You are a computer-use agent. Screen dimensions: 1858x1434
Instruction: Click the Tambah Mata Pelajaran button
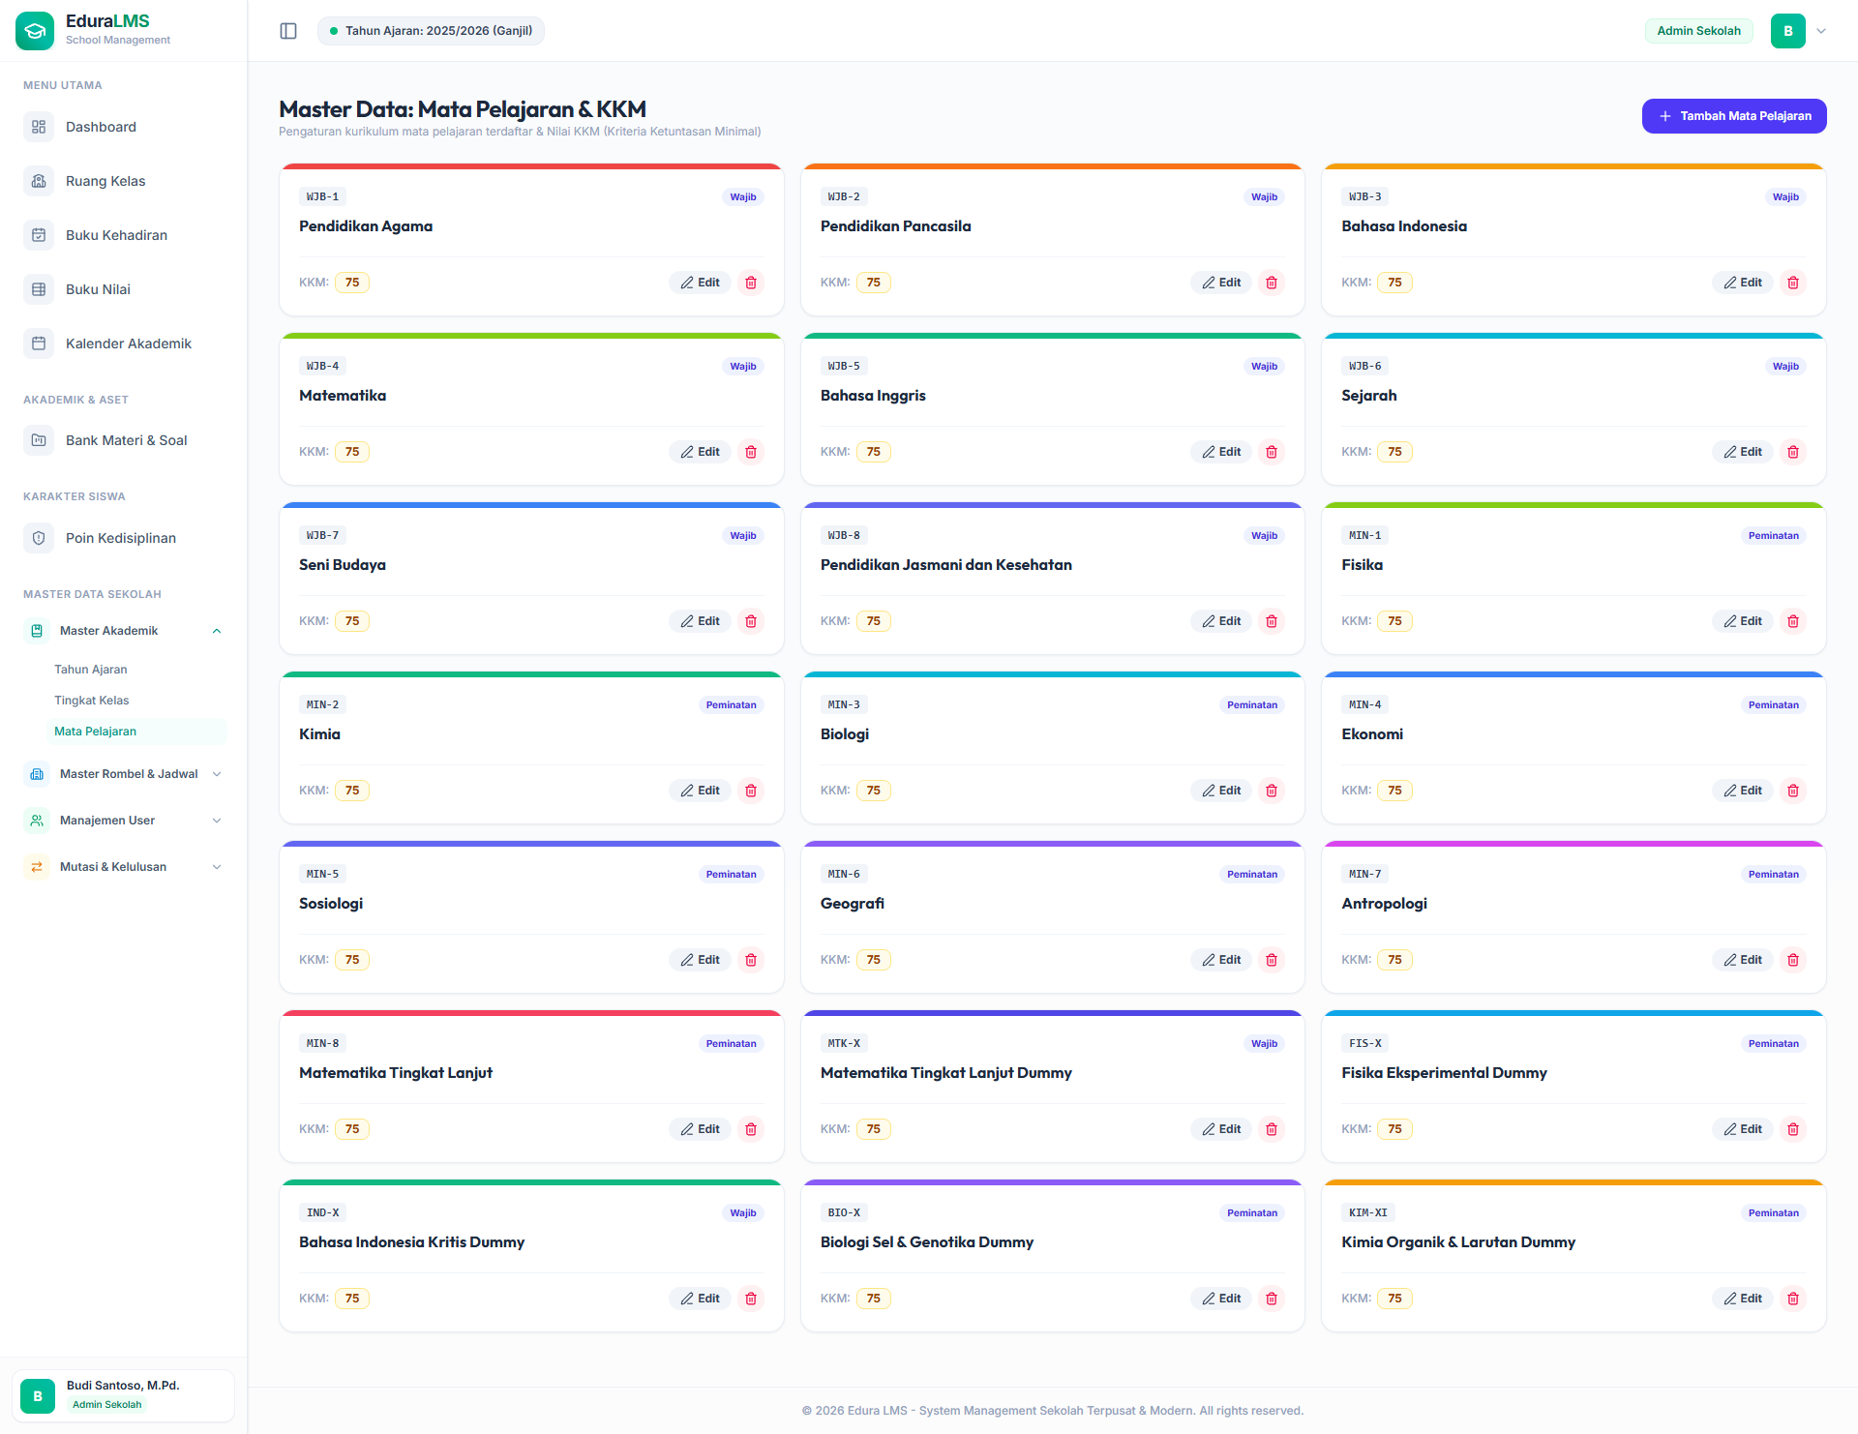pyautogui.click(x=1733, y=116)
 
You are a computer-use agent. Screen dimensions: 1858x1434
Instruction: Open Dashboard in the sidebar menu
pyautogui.click(x=101, y=127)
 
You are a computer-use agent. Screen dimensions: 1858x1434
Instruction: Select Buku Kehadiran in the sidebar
pyautogui.click(x=116, y=235)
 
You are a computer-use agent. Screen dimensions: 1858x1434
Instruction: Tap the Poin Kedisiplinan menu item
pyautogui.click(x=121, y=538)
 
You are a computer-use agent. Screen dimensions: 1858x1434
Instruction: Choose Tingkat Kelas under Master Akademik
pyautogui.click(x=92, y=701)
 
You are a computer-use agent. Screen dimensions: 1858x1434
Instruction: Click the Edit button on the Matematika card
pyautogui.click(x=700, y=452)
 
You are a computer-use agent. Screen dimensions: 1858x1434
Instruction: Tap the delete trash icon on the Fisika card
pyautogui.click(x=1793, y=621)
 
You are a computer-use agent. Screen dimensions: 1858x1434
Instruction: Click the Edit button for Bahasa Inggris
pyautogui.click(x=1221, y=452)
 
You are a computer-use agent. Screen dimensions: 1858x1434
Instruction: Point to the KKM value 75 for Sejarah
pyautogui.click(x=1394, y=452)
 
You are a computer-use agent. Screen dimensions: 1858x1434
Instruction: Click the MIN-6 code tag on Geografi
pyautogui.click(x=844, y=874)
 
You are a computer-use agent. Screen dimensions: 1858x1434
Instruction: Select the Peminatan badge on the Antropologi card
pyautogui.click(x=1774, y=874)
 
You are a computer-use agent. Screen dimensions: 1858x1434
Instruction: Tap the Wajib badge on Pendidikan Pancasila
pyautogui.click(x=1264, y=196)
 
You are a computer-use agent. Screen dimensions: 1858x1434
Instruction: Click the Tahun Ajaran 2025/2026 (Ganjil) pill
pyautogui.click(x=432, y=31)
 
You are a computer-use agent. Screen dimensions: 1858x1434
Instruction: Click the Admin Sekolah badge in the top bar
pyautogui.click(x=1698, y=31)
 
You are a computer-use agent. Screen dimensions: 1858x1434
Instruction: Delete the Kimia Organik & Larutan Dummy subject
pyautogui.click(x=1793, y=1299)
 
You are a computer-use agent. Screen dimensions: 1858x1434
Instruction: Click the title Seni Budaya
pyautogui.click(x=343, y=565)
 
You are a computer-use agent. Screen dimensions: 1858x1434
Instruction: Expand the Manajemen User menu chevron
pyautogui.click(x=217, y=821)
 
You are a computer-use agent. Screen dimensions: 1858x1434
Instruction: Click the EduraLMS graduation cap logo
pyautogui.click(x=35, y=31)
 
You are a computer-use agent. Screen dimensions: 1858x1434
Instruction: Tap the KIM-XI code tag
pyautogui.click(x=1368, y=1212)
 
